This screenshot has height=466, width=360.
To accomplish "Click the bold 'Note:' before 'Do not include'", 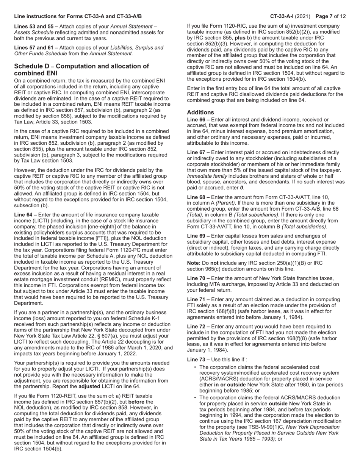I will tap(194, 263).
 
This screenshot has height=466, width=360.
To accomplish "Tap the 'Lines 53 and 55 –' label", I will tap(36, 27).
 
